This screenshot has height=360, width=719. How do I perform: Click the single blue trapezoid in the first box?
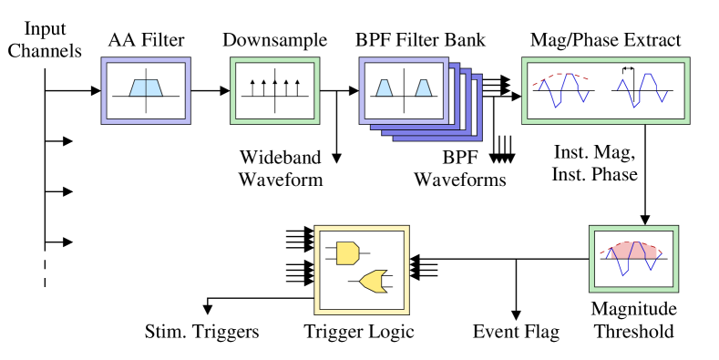[x=146, y=87]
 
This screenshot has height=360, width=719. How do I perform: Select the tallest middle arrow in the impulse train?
[x=275, y=87]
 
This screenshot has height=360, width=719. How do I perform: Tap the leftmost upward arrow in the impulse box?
[x=252, y=87]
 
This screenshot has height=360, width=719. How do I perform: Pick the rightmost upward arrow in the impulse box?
[x=297, y=87]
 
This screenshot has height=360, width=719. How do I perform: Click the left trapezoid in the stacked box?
[x=385, y=87]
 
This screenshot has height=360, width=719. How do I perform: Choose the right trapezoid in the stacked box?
[x=423, y=87]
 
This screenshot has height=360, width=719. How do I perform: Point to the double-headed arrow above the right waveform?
[x=629, y=68]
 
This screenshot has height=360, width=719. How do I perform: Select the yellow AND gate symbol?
[x=346, y=252]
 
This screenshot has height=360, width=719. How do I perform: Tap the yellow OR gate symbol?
[x=373, y=281]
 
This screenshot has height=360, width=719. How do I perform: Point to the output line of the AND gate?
[x=365, y=252]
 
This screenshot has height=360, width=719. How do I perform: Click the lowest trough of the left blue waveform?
[x=556, y=107]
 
